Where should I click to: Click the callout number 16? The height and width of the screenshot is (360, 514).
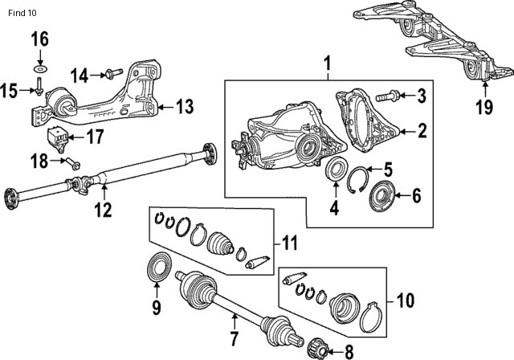[x=39, y=39]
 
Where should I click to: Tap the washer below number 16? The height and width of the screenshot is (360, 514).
[x=39, y=62]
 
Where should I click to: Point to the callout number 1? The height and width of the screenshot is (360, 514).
[x=327, y=63]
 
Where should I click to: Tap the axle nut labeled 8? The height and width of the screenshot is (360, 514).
[x=315, y=346]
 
